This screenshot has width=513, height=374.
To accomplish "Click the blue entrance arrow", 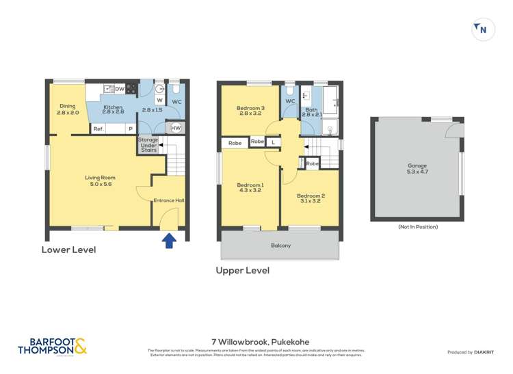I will coord(169,239).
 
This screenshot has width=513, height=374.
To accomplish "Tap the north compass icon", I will coord(483,29).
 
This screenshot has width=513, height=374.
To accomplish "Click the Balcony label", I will coord(280,245).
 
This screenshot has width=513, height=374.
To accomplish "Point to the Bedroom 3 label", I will coord(250,111).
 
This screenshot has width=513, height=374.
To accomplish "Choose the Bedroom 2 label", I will coord(311,199).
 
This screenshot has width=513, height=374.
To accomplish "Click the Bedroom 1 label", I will coord(250,189).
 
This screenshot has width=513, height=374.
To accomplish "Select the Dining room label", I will coord(68,109).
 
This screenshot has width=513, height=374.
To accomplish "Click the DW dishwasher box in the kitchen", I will coord(120,89).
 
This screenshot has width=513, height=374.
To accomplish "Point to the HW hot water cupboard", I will coord(176,128).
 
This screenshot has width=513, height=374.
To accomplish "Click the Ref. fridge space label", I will coord(98,129).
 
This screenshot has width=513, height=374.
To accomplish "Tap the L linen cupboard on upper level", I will coord(273,142).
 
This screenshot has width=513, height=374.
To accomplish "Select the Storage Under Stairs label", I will coord(148,145).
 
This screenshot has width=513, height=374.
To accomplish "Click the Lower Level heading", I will coord(68,250).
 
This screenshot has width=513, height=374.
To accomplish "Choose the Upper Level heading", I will coord(242,270).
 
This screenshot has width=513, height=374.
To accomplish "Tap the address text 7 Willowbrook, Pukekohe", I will coord(256,340).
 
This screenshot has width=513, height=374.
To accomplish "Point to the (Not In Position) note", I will coord(417,227).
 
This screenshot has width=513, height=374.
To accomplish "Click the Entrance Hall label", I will coord(169,200).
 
